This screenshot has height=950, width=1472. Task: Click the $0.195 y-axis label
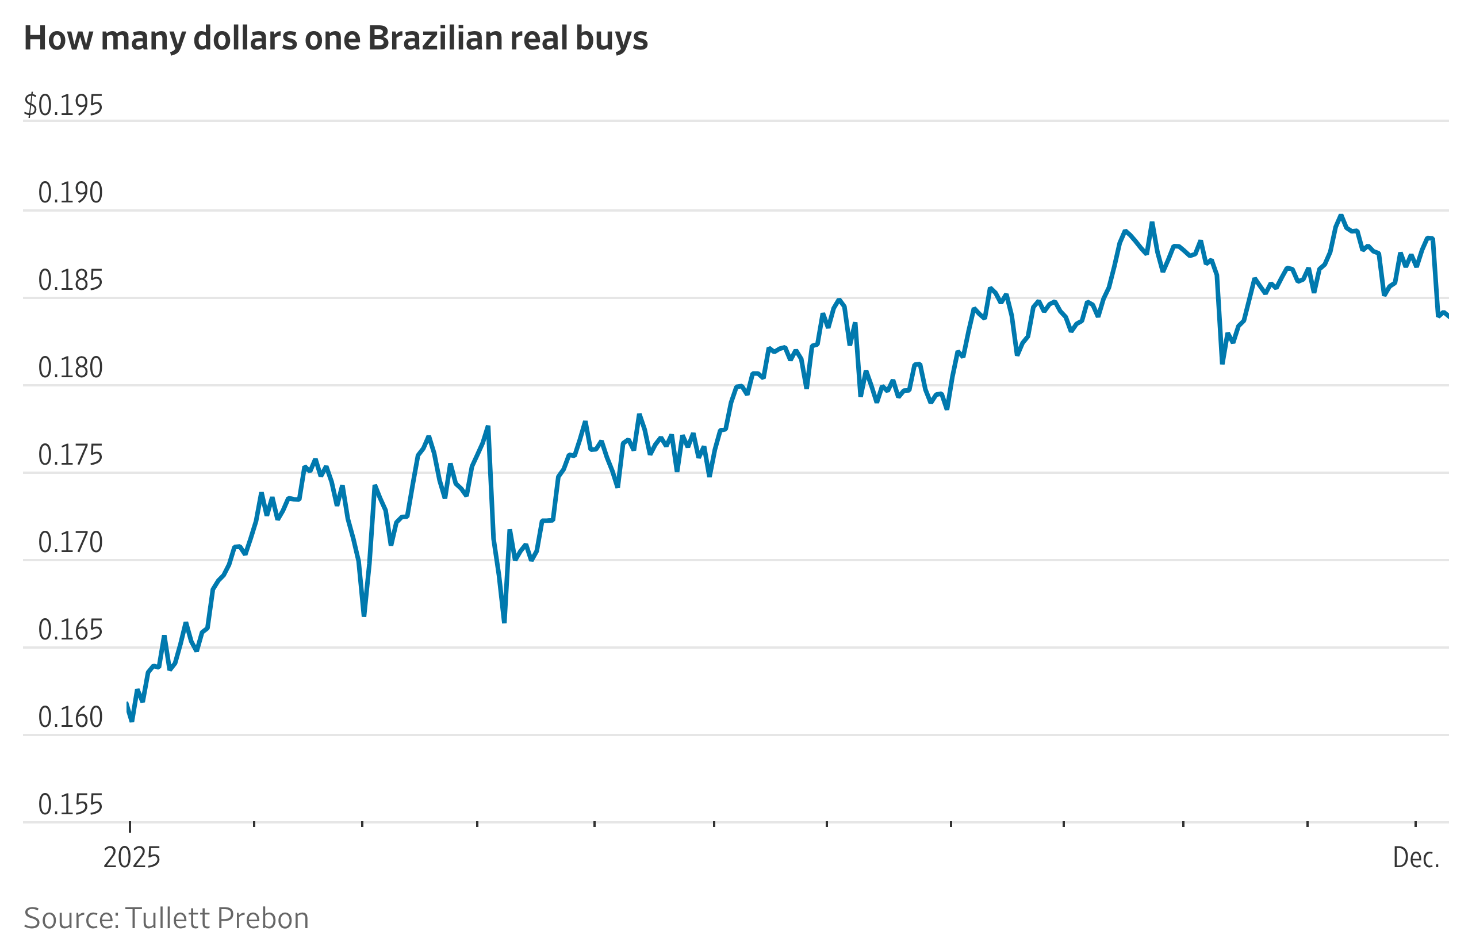click(x=63, y=105)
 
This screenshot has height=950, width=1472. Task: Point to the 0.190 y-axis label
click(x=70, y=193)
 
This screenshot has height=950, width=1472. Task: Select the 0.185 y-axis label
click(x=70, y=281)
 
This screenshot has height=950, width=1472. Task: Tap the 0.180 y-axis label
click(x=70, y=368)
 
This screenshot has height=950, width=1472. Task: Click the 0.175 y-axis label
click(x=70, y=456)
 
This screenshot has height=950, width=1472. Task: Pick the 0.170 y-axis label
click(x=70, y=543)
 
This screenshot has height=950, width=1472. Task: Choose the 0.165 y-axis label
click(x=70, y=630)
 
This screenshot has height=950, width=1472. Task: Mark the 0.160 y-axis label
click(x=70, y=718)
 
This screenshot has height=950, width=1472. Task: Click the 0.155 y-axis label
click(x=70, y=806)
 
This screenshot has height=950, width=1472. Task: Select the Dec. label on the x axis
click(x=1416, y=858)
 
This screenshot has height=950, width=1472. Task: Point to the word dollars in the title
click(x=246, y=39)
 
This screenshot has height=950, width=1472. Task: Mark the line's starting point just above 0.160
click(x=128, y=703)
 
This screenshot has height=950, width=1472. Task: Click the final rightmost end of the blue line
click(x=1447, y=317)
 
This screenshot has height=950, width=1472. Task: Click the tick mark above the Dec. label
click(x=1415, y=824)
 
